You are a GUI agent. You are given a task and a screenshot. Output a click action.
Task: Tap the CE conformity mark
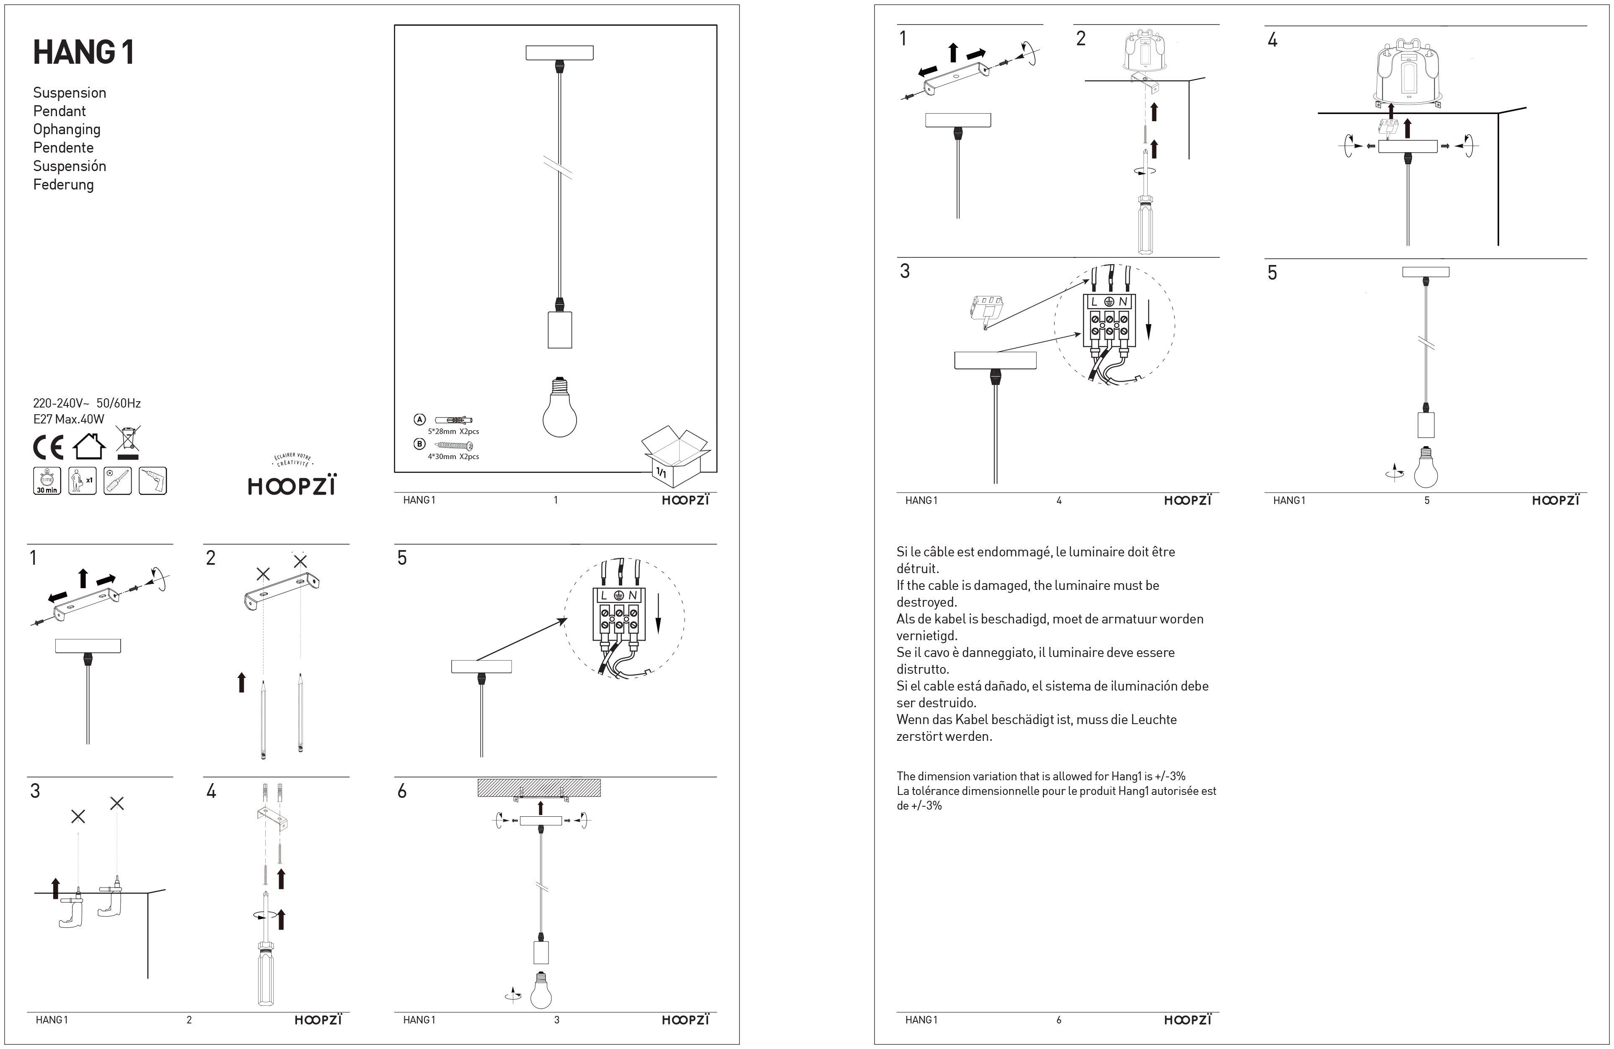pos(48,447)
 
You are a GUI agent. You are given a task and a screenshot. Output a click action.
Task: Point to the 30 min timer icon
pos(47,480)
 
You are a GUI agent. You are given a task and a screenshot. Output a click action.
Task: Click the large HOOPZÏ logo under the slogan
pos(292,486)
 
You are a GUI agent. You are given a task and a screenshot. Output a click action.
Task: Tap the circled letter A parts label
pos(419,419)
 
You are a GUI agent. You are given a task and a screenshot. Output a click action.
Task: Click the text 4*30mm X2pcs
pos(453,457)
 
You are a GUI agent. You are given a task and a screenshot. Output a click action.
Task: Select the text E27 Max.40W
pos(68,419)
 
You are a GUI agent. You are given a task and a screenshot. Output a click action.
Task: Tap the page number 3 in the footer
pos(557,1020)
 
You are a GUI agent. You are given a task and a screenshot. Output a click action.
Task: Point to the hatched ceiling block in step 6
pos(539,787)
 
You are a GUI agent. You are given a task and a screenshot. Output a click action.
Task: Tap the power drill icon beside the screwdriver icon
pos(153,480)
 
